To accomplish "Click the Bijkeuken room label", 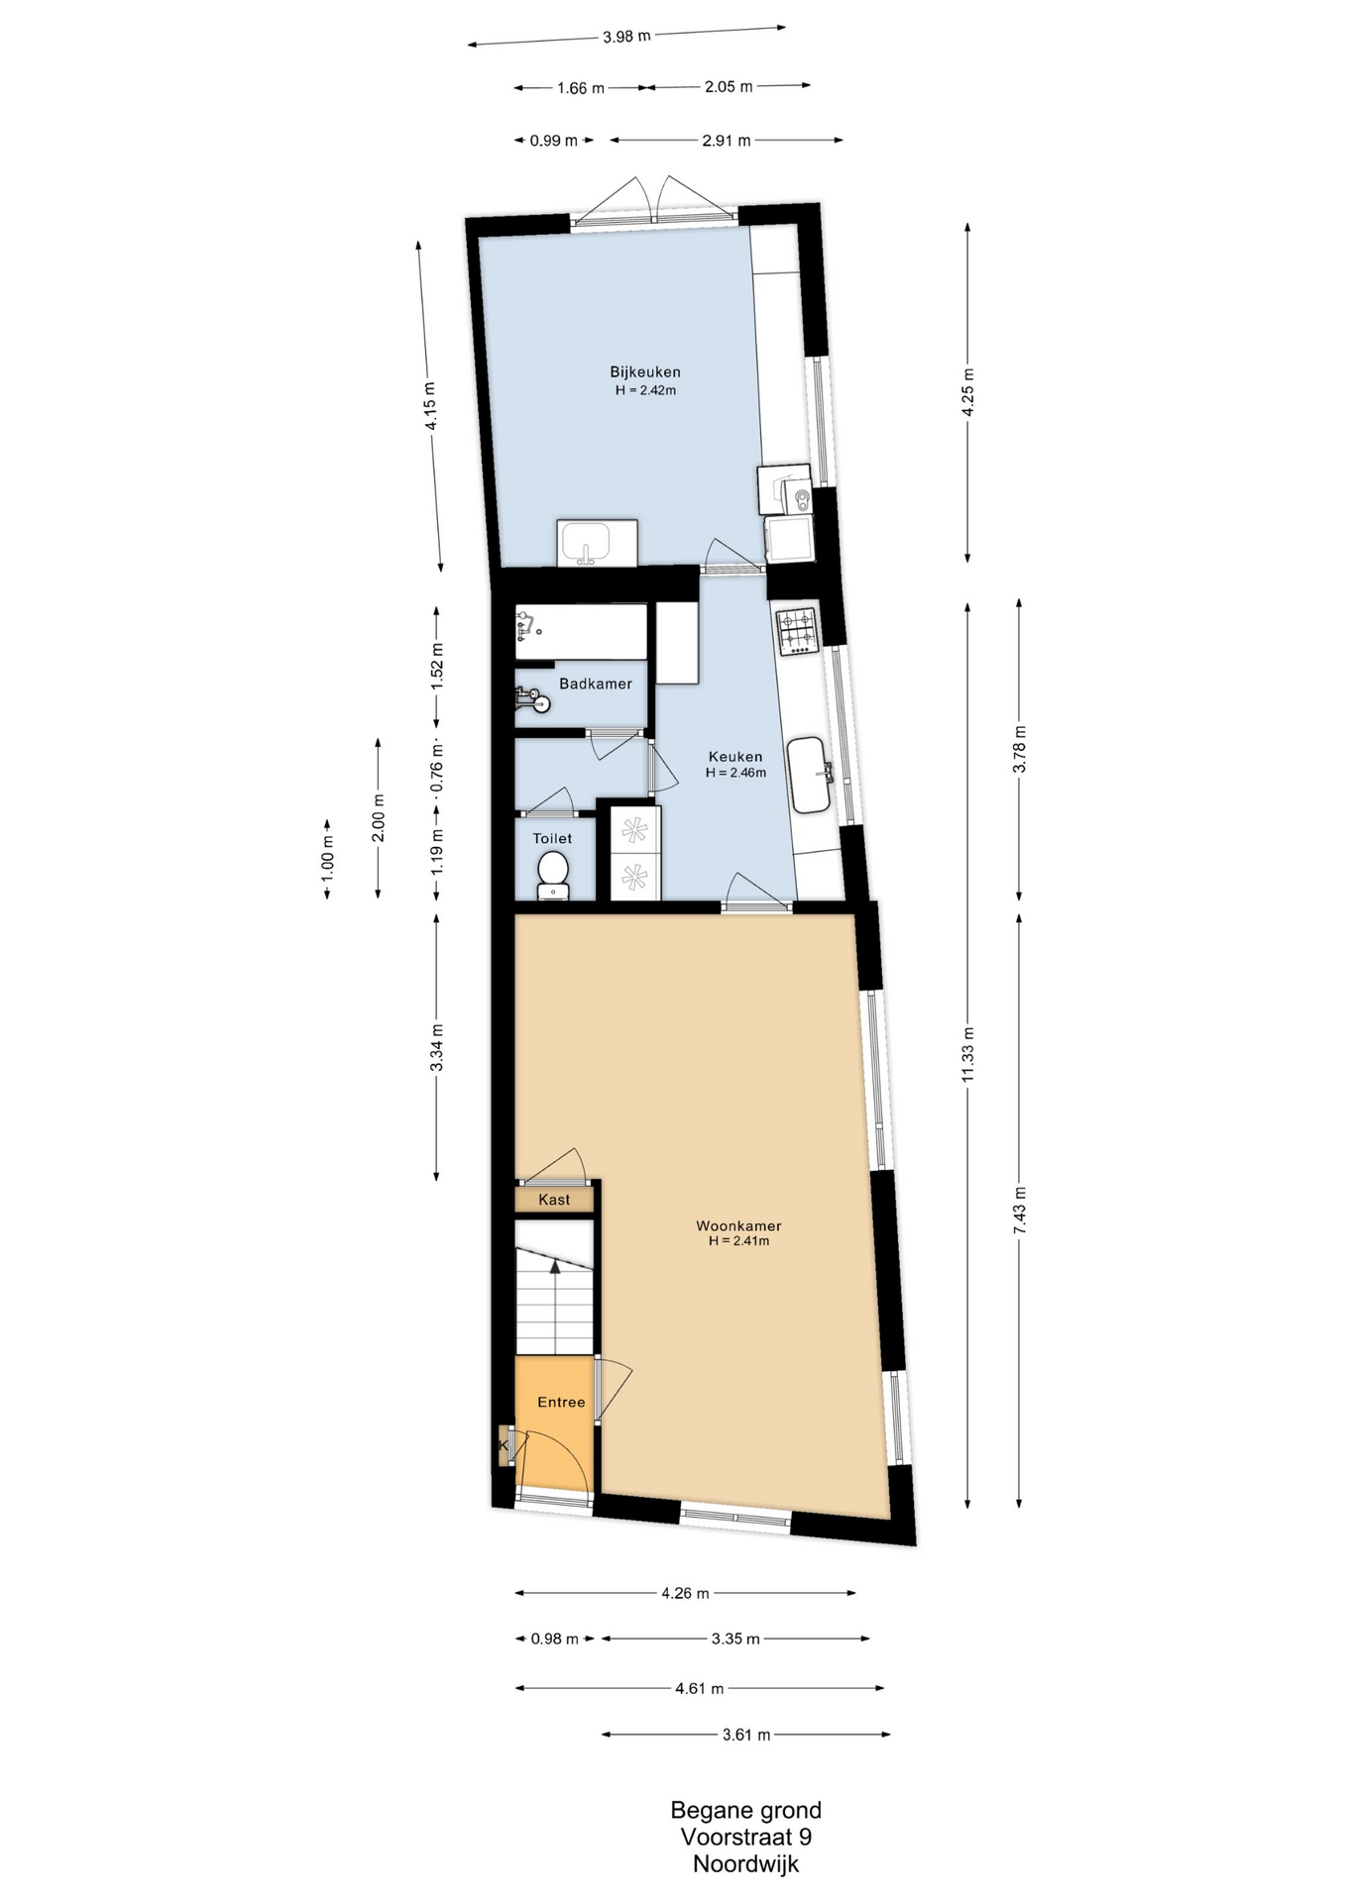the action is point(644,372).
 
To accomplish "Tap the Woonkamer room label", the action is point(738,1225).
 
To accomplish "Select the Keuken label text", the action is point(735,757).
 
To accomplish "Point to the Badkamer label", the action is point(595,684).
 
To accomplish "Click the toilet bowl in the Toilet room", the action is point(552,877).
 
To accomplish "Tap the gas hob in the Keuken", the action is point(797,631).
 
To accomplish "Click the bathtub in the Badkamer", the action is point(581,632).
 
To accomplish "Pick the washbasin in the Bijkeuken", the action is point(597,543).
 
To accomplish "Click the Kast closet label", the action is point(554,1200).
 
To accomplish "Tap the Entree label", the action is point(561,1402).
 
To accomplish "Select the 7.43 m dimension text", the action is point(1020,1209).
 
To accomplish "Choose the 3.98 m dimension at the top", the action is point(626,37).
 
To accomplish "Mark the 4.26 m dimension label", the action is point(685,1593).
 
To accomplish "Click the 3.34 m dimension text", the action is point(437,1047).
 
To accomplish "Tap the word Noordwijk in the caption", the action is point(745,1863).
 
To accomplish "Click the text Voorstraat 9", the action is point(745,1837).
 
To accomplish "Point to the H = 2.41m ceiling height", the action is point(738,1240).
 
